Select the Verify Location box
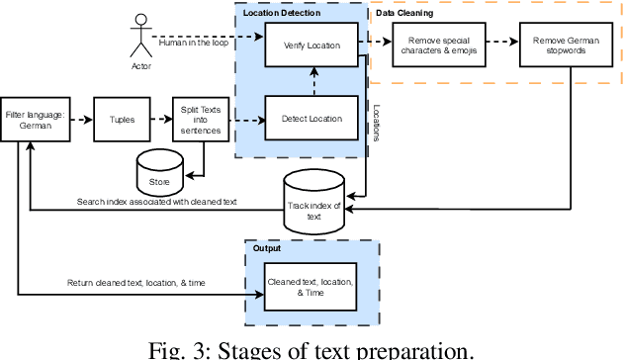pyautogui.click(x=312, y=45)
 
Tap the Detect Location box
pyautogui.click(x=312, y=120)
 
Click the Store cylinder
pyautogui.click(x=160, y=174)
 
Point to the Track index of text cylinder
pyautogui.click(x=312, y=205)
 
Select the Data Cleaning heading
pyautogui.click(x=404, y=14)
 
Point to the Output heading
pyautogui.click(x=267, y=249)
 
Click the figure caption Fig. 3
pyautogui.click(x=311, y=348)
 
